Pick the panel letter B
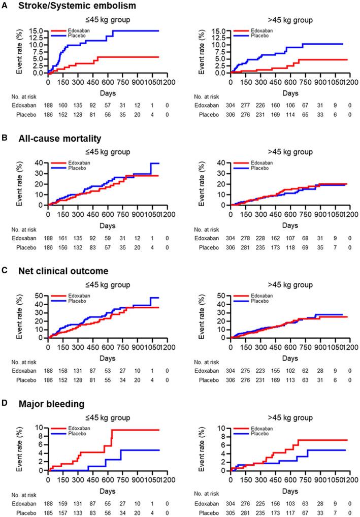(7, 138)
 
